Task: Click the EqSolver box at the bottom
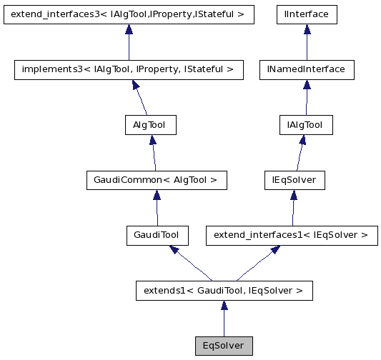click(224, 346)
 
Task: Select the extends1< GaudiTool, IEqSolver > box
click(224, 291)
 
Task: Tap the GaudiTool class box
click(157, 235)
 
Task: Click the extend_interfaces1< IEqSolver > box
click(291, 235)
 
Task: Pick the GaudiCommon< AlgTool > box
click(155, 180)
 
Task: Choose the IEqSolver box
click(294, 180)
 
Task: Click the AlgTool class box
click(149, 125)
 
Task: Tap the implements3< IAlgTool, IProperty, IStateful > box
click(129, 69)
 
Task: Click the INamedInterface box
click(306, 69)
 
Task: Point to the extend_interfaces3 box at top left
click(129, 14)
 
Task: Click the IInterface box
click(307, 14)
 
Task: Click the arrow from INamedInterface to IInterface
click(307, 42)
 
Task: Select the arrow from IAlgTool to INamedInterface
click(306, 98)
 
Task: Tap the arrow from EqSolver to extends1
click(224, 319)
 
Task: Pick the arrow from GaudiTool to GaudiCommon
click(156, 208)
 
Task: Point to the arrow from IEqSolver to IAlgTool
click(300, 153)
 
